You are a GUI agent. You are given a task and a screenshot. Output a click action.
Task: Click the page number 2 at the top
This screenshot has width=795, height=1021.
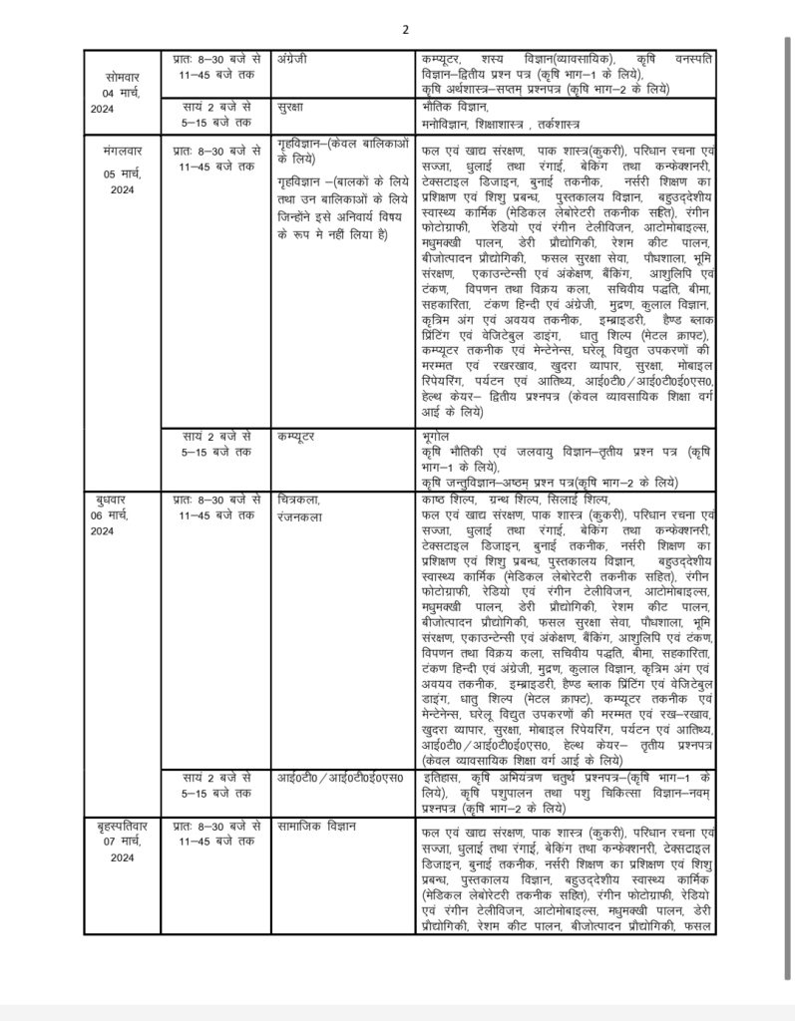(406, 29)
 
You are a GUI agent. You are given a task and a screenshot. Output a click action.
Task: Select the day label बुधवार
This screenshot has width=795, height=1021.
(115, 498)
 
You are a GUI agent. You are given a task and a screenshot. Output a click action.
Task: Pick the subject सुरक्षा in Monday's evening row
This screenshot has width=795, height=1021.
(292, 106)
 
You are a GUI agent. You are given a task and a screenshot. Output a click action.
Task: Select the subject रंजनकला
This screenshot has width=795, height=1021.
(300, 517)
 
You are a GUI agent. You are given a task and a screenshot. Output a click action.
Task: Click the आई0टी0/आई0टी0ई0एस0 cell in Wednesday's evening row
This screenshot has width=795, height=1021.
(339, 777)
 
